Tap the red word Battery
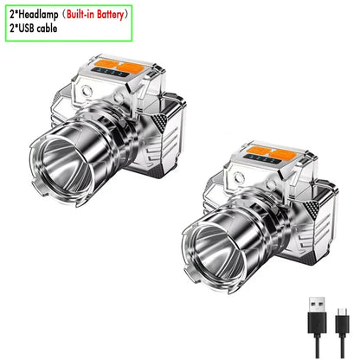coord(110,15)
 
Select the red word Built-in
coord(80,15)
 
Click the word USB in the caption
coord(28,29)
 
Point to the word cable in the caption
coord(48,29)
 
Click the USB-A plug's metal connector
coord(317,305)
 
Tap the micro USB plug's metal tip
coord(342,312)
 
